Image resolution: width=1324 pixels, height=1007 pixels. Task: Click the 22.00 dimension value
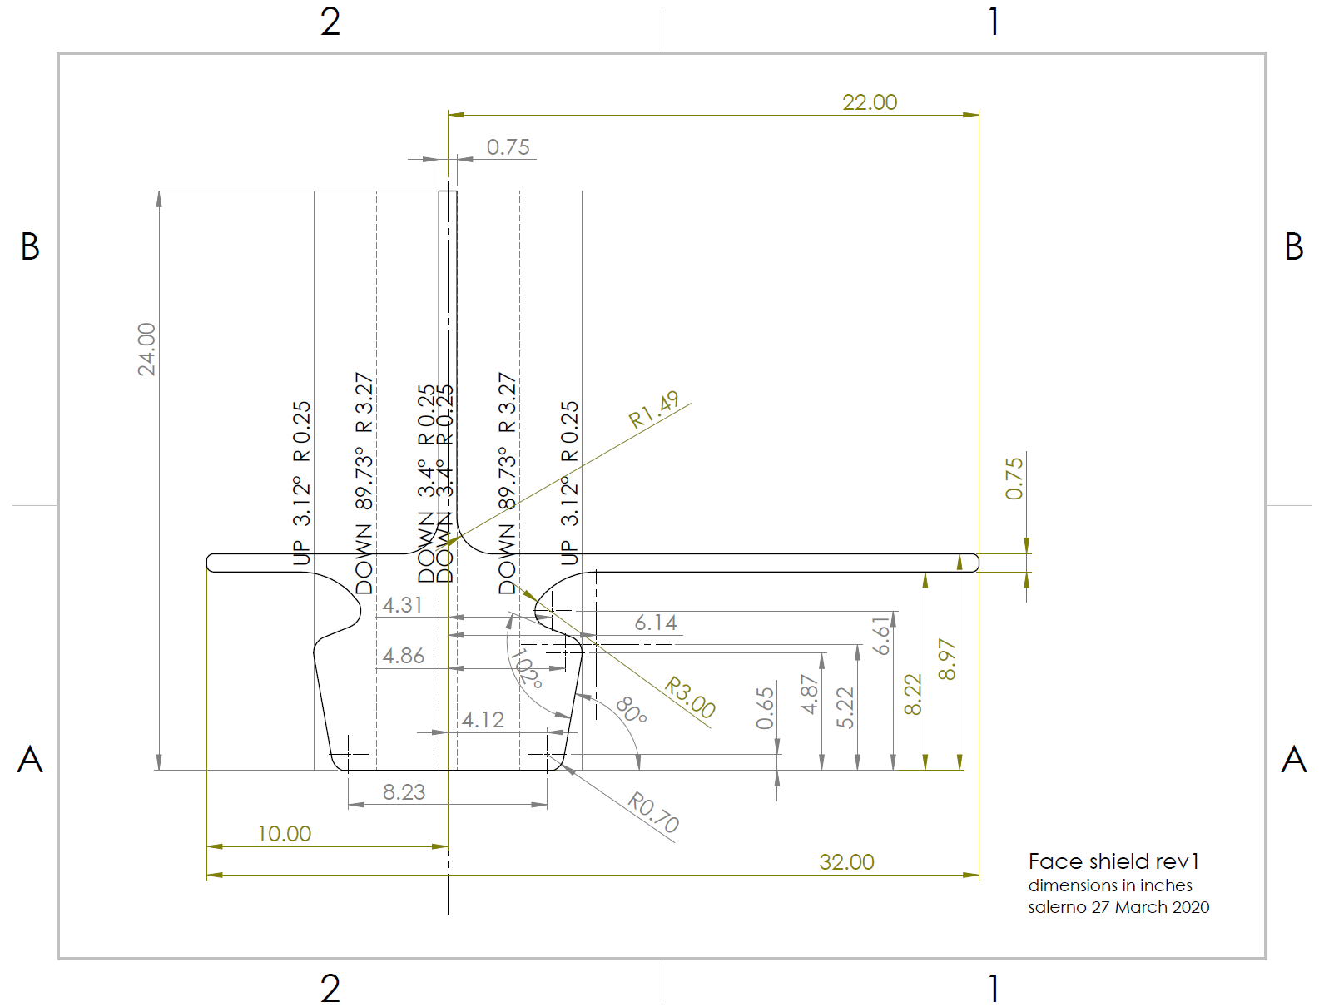(869, 102)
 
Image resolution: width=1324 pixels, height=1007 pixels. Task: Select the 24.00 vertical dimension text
(146, 349)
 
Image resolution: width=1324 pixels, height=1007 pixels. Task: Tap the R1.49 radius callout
(654, 409)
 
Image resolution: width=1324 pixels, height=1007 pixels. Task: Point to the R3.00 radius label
(690, 697)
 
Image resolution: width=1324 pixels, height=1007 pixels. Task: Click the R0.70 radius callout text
(653, 812)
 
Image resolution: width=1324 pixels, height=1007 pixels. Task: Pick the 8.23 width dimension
(404, 792)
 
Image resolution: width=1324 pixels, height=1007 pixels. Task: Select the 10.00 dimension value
(284, 834)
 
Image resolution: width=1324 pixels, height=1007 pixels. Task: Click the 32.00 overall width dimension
(846, 862)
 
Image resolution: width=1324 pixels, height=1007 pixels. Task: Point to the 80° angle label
(631, 710)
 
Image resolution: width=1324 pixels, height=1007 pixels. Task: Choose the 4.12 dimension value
(483, 720)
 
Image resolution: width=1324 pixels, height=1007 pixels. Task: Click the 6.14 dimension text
(656, 623)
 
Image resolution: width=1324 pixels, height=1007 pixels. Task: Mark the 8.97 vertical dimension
(947, 659)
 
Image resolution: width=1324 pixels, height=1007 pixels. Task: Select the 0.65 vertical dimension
(765, 707)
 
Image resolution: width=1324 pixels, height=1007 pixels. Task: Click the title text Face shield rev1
(1113, 861)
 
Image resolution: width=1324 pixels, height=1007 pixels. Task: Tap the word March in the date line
(1140, 907)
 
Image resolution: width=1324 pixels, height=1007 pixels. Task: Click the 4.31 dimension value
(402, 605)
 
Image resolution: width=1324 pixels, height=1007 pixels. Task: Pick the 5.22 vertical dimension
(845, 707)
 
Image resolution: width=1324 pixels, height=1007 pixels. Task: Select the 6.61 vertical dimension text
(881, 636)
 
